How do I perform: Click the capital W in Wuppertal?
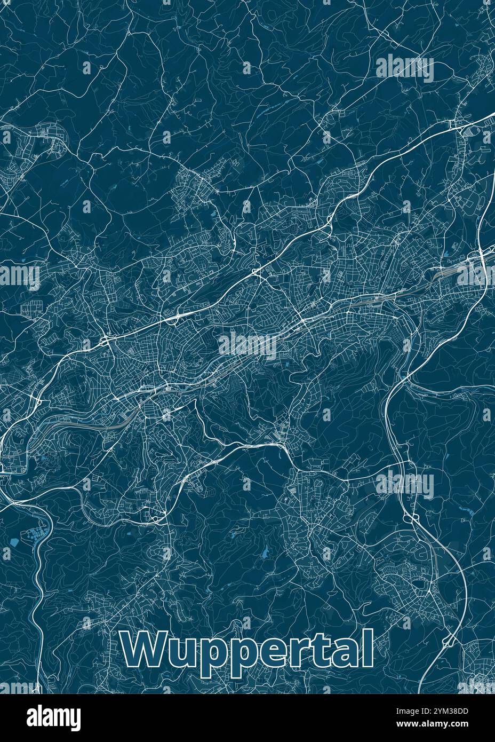(140, 649)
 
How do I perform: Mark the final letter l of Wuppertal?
(365, 648)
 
